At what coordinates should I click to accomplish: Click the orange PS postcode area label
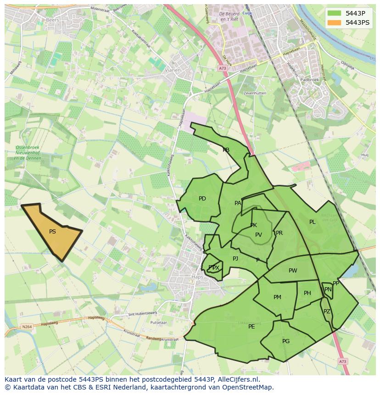pos(52,232)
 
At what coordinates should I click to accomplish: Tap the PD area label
pos(202,199)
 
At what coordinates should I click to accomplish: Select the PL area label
pos(312,222)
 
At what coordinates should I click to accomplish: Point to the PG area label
pos(286,341)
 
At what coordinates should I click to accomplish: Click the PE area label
pos(251,327)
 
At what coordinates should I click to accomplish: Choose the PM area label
pos(277,297)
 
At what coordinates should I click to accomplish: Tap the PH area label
pos(307,293)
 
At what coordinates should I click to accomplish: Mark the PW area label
pos(293,271)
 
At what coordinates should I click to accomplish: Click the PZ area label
pos(327,312)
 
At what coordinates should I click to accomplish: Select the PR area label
pos(279,233)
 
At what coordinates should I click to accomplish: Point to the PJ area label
pos(235,259)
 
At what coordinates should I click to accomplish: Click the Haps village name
pos(197,277)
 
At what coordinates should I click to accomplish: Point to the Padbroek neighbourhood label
pos(309,79)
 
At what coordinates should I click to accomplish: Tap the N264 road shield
pos(27,327)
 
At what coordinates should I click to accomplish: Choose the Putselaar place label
pos(159,323)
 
